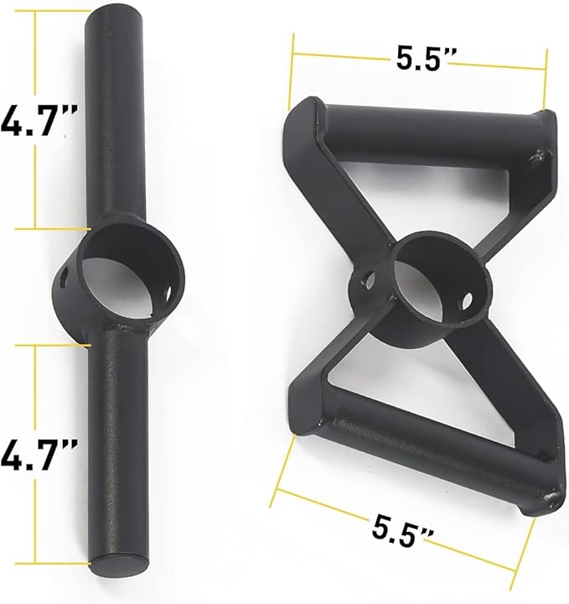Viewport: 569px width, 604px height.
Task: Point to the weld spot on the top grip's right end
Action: [541, 157]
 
